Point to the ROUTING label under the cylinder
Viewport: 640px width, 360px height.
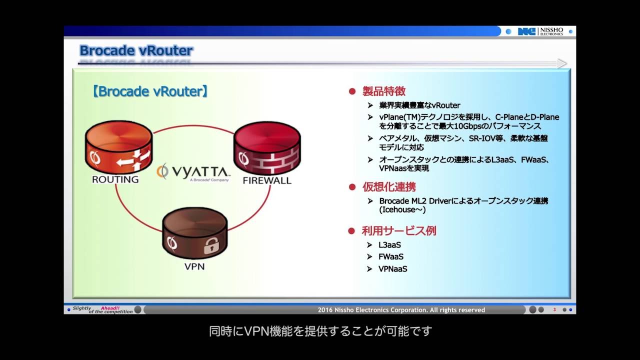[x=115, y=179]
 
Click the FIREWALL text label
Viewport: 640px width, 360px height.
[x=267, y=180]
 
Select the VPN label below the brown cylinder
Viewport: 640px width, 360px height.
[x=194, y=266]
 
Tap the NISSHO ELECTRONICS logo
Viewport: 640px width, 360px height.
[x=540, y=31]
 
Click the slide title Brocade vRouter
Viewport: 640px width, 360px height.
[x=136, y=50]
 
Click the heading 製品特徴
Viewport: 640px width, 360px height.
[x=383, y=91]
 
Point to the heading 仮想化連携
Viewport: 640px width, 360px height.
[x=389, y=187]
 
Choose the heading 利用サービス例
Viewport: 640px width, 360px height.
[x=399, y=231]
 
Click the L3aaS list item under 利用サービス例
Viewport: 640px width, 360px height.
[x=390, y=245]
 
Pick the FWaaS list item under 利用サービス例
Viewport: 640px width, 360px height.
[x=391, y=257]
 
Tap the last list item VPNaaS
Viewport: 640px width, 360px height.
[x=393, y=269]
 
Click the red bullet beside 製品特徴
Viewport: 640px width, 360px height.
[x=352, y=92]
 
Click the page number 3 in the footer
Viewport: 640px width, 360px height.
[x=554, y=310]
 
